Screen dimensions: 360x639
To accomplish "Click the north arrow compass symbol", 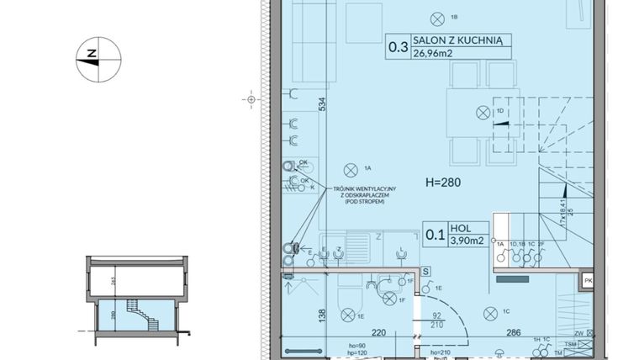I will (x=99, y=58).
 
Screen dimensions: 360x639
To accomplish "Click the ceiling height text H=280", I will (x=443, y=182).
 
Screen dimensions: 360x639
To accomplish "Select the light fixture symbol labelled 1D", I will (x=483, y=112).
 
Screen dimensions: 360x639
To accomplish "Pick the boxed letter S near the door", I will (x=427, y=271).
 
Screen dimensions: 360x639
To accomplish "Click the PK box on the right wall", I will (x=589, y=281).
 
